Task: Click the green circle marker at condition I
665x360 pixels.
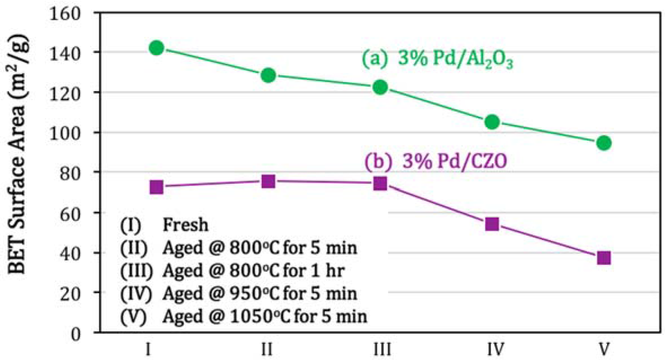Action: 156,47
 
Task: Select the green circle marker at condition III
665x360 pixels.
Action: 380,87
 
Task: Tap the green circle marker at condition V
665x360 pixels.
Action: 604,143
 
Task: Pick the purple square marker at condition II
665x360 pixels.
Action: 268,181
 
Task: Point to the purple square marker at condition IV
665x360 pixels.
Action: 492,224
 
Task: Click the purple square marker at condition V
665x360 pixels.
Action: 604,258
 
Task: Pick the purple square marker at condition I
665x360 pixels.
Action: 156,187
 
